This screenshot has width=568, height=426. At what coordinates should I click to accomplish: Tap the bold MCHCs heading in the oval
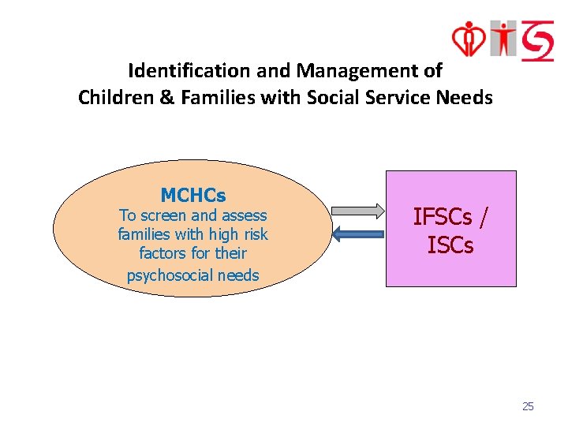(x=193, y=195)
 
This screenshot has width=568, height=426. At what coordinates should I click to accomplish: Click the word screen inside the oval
(x=163, y=215)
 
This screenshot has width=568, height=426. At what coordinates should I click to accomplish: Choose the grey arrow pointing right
(x=357, y=211)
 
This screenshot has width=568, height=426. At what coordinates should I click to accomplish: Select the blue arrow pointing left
(x=357, y=234)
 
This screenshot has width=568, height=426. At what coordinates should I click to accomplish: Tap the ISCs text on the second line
(x=450, y=245)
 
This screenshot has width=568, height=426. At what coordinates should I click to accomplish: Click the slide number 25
(x=528, y=406)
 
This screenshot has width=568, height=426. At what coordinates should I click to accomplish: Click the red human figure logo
(x=502, y=38)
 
